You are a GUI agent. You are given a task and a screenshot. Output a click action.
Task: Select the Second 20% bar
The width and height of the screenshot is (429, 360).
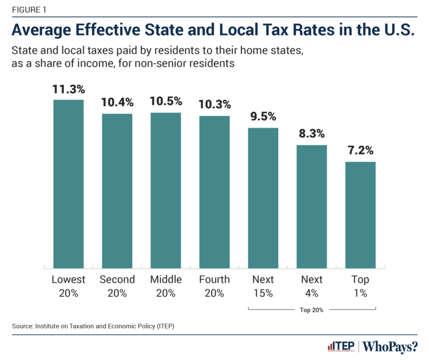point(117,190)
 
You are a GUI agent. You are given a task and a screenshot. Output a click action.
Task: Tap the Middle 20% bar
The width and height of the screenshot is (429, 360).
point(165,190)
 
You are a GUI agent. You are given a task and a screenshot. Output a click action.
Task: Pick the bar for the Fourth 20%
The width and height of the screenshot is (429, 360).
point(214,191)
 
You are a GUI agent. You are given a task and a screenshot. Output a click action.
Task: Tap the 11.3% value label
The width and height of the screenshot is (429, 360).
point(68,89)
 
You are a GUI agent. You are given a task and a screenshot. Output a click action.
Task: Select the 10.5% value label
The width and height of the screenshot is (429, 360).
point(165,102)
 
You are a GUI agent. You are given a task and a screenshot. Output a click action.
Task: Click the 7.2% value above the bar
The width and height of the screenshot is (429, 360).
point(360,151)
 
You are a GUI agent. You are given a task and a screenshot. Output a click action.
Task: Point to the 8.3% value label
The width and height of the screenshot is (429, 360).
point(311,134)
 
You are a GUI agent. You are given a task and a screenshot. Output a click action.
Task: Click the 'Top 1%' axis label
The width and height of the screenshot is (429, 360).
point(360,286)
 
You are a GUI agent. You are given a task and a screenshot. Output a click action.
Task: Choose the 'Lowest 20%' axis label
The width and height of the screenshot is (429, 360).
point(68,286)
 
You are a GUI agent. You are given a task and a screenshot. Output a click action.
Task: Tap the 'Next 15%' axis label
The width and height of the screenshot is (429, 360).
point(263,286)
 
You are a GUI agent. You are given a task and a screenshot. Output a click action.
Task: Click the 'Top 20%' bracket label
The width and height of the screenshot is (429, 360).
point(312,308)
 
